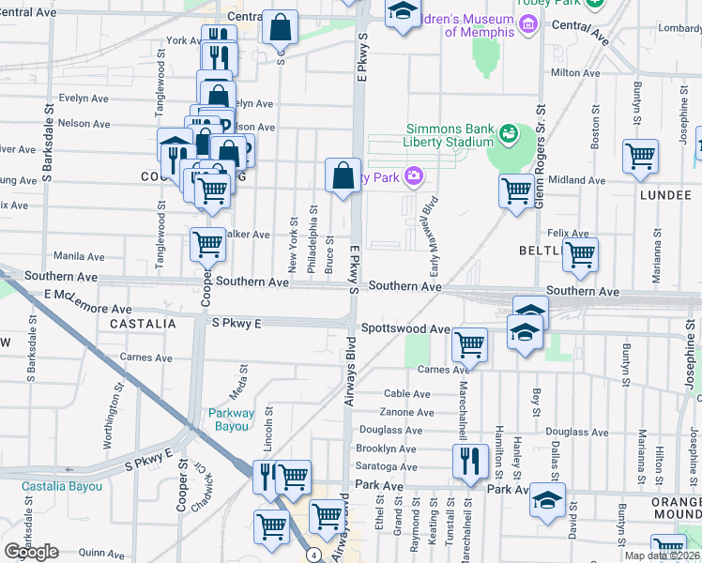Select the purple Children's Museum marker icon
pos(528,23)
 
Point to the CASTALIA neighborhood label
pos(143,323)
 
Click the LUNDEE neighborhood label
pos(665,195)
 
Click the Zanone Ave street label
pos(406,412)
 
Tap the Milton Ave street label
pos(576,72)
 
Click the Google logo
pos(31,552)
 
